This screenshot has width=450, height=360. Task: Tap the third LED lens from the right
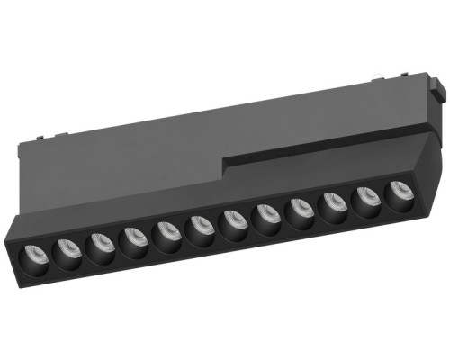click(331, 202)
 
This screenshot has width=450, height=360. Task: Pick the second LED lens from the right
click(365, 197)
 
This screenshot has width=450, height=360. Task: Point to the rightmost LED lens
click(397, 192)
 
